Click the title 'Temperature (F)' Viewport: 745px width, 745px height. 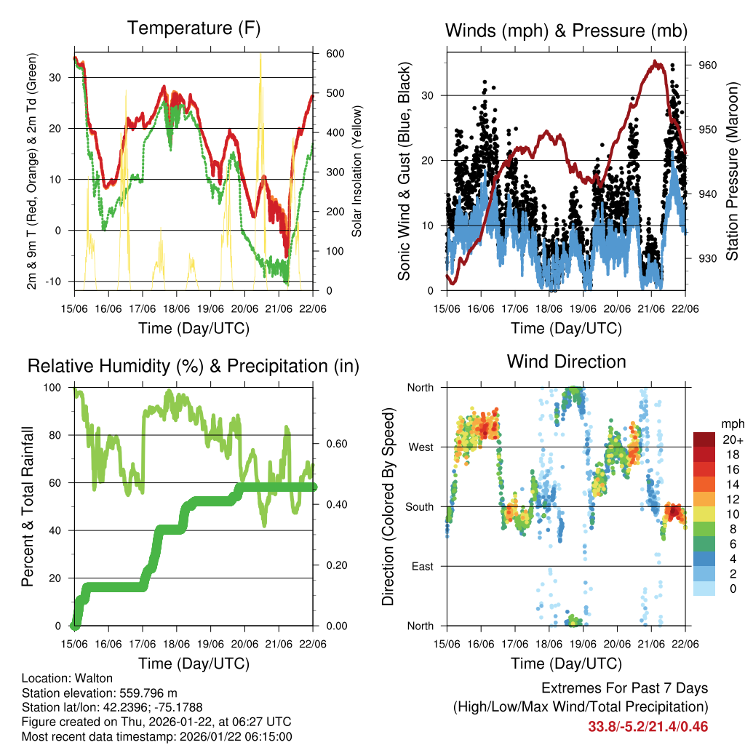pos(194,28)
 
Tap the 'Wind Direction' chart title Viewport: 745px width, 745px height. pos(566,361)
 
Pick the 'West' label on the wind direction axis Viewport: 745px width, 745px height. pos(421,447)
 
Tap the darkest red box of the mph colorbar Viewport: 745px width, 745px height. pos(704,439)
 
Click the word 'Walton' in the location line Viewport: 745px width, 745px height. pos(87,677)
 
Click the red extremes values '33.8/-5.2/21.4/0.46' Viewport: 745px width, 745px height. pos(648,726)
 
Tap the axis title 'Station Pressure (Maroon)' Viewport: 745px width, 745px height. pos(733,172)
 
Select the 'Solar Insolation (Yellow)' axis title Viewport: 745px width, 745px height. pos(357,172)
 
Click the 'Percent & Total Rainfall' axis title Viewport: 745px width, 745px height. pos(28,506)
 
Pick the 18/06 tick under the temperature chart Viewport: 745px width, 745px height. pos(177,308)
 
